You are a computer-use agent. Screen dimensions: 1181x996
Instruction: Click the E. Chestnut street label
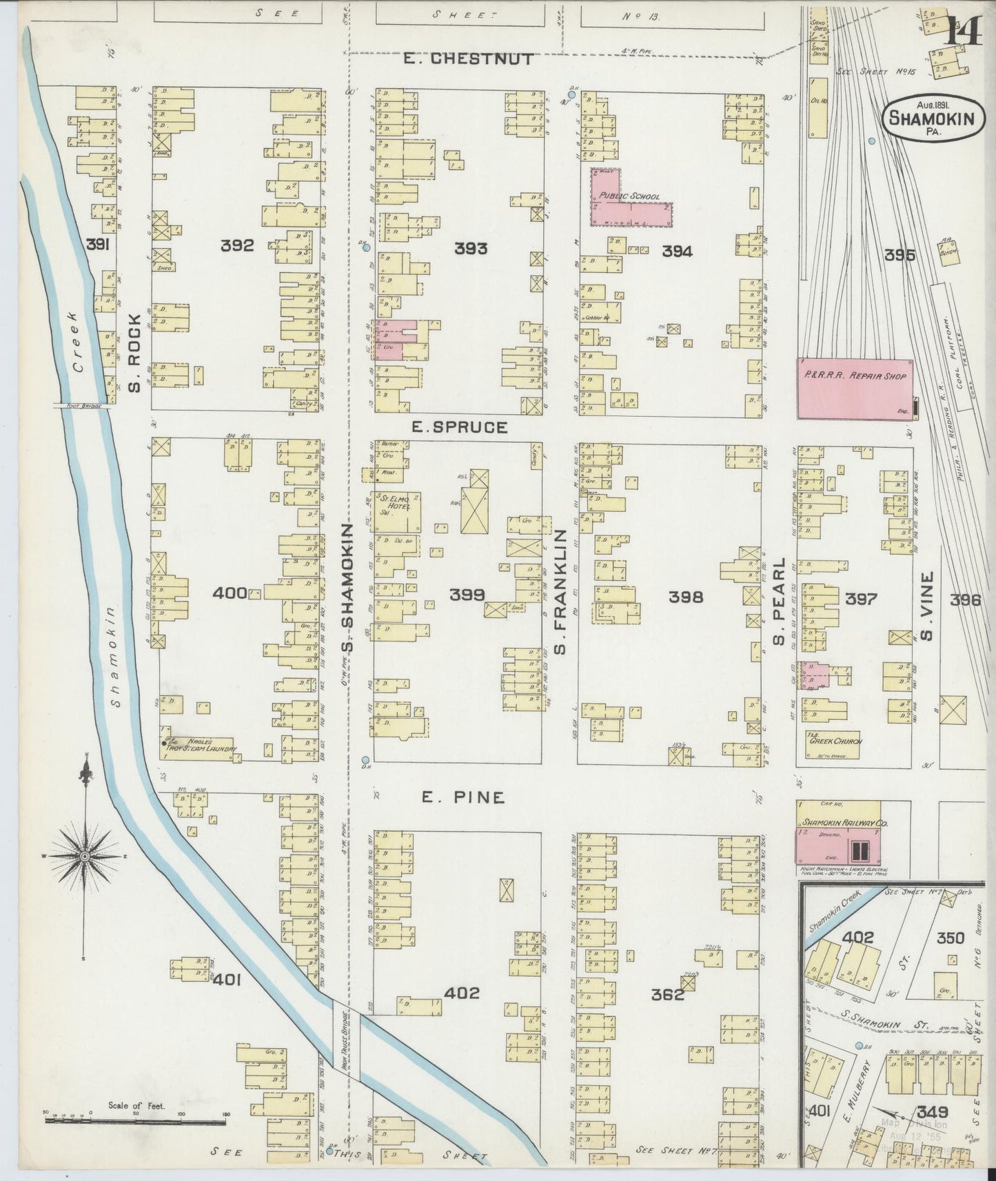click(468, 59)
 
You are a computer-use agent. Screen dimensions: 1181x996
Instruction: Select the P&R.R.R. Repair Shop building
click(855, 388)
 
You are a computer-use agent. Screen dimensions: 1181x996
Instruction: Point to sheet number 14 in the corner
click(963, 30)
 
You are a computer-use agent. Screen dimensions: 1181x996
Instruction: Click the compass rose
click(84, 856)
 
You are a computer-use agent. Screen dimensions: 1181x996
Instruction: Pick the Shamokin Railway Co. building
click(838, 833)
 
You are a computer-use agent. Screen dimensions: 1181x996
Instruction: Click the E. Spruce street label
click(459, 427)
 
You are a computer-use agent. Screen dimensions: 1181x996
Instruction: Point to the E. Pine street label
click(463, 797)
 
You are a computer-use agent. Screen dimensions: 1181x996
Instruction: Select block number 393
click(471, 248)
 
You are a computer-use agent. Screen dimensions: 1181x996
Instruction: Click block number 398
click(687, 597)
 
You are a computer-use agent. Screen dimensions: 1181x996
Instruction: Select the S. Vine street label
click(927, 605)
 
